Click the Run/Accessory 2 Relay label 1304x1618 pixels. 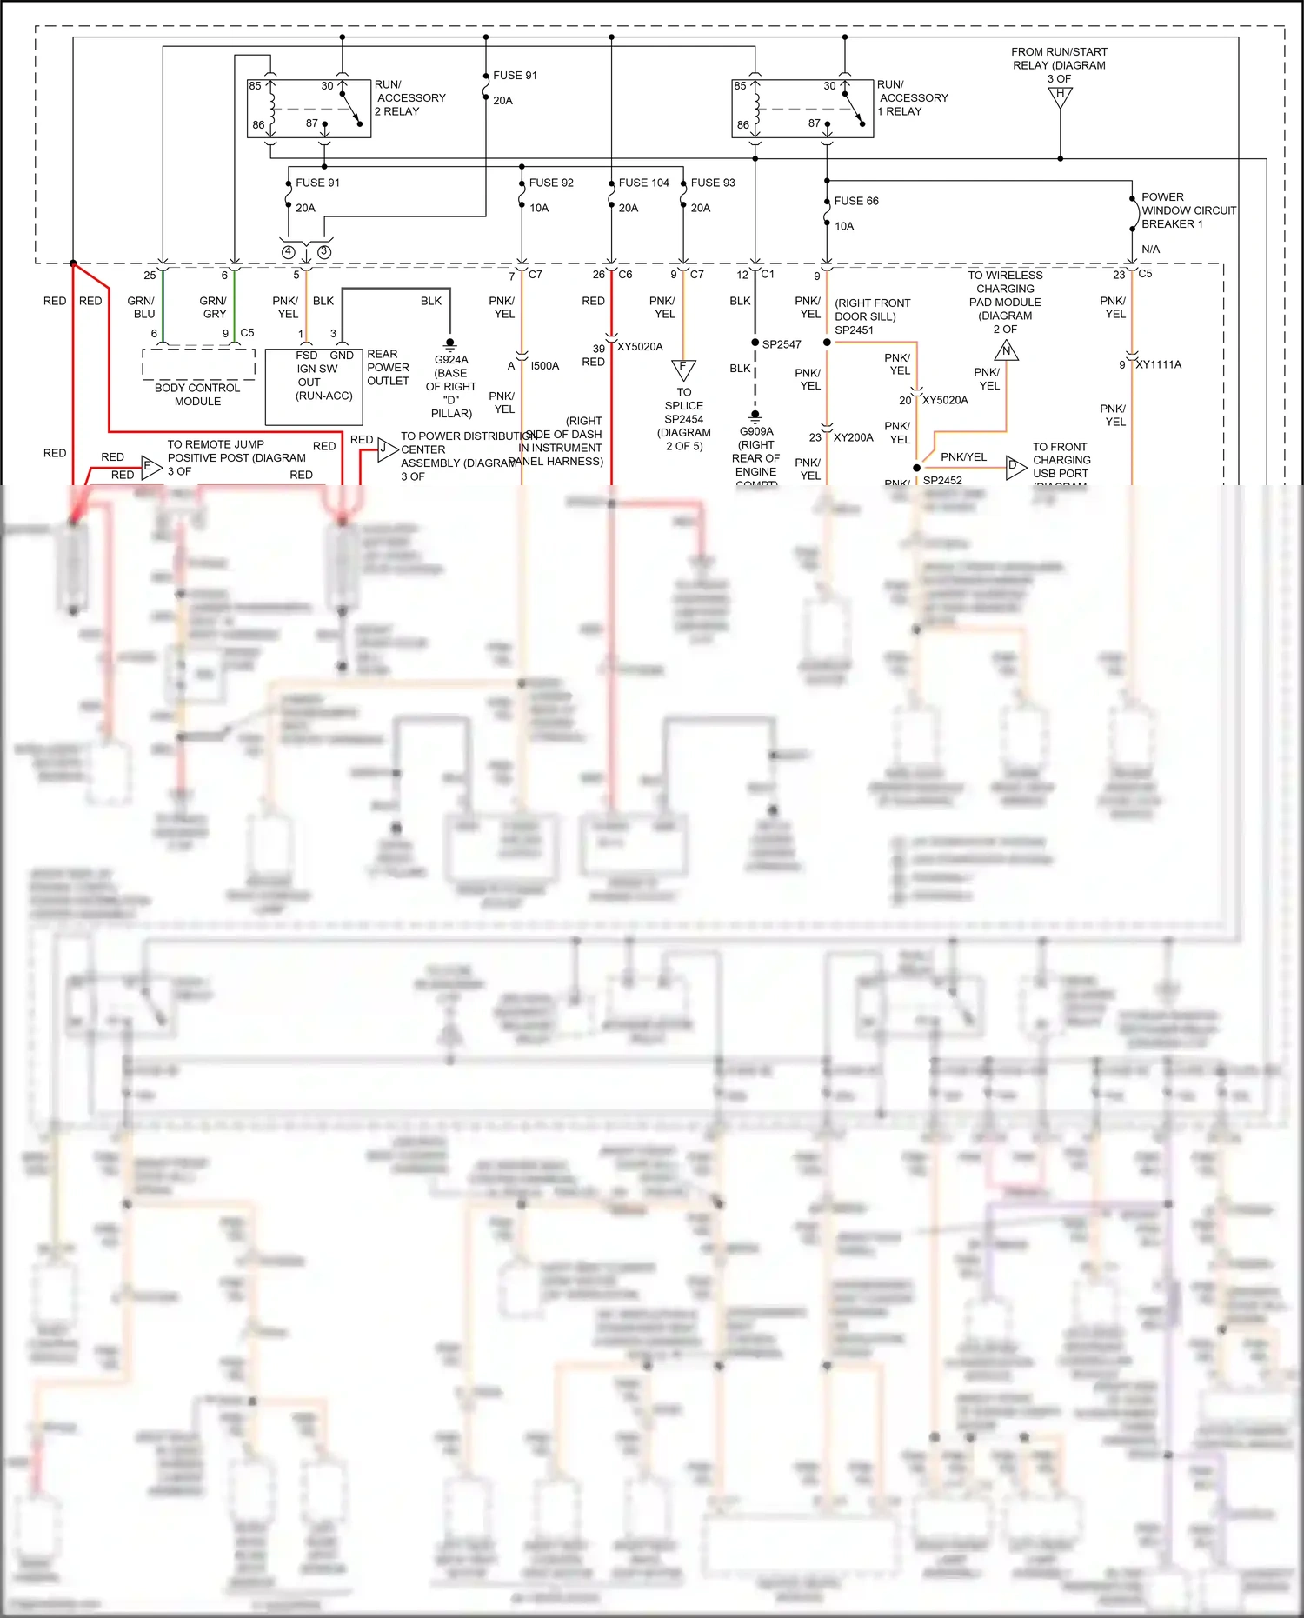point(409,98)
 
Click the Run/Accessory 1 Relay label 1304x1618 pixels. point(912,98)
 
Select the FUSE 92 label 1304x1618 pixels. point(551,183)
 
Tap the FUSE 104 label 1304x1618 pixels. point(643,183)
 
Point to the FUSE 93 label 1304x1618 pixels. point(713,183)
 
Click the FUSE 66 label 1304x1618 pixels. point(856,201)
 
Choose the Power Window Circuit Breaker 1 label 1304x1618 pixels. point(1188,210)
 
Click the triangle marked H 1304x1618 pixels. point(1060,97)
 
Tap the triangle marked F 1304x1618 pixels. point(683,369)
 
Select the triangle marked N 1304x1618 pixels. point(1006,351)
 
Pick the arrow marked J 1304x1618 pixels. point(386,449)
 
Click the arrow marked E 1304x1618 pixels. point(150,467)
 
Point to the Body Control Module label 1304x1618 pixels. point(197,395)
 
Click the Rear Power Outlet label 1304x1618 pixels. point(388,368)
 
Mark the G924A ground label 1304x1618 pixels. point(451,360)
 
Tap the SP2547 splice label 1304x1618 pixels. point(782,344)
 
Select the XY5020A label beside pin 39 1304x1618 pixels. point(640,347)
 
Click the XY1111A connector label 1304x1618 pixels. point(1158,364)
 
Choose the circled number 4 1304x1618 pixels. point(289,252)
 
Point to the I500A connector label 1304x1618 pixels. point(545,366)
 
